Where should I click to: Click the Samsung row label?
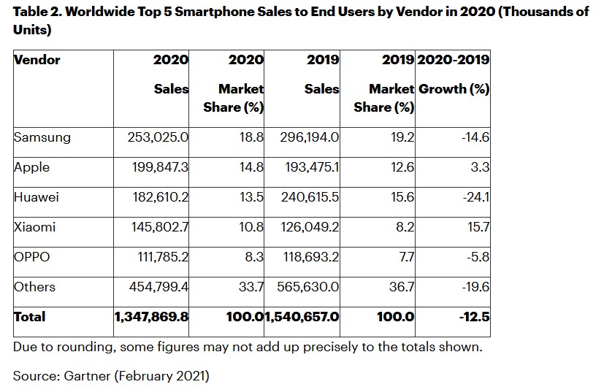tap(42, 137)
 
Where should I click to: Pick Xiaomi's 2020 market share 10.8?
tap(250, 226)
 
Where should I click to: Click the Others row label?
tap(35, 286)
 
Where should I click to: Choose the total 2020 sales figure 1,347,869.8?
tap(151, 316)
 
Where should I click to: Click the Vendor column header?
tap(37, 59)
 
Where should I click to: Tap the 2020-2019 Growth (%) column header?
tap(453, 74)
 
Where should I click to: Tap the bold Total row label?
tap(30, 316)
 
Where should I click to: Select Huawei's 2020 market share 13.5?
tap(250, 196)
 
